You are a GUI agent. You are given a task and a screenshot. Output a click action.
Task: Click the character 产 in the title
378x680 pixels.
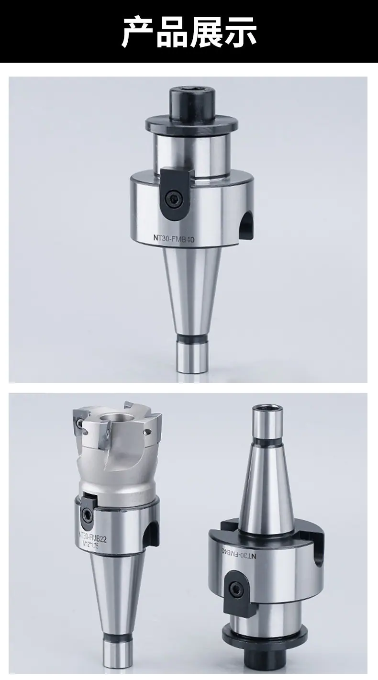(x=138, y=32)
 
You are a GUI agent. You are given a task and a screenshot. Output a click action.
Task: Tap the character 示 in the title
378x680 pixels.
(x=240, y=32)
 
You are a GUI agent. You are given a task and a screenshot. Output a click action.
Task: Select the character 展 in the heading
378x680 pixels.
(x=206, y=32)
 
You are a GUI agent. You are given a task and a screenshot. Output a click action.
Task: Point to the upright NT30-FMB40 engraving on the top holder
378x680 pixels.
(x=173, y=239)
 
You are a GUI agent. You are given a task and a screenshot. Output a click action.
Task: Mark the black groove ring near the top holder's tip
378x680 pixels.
(x=193, y=338)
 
